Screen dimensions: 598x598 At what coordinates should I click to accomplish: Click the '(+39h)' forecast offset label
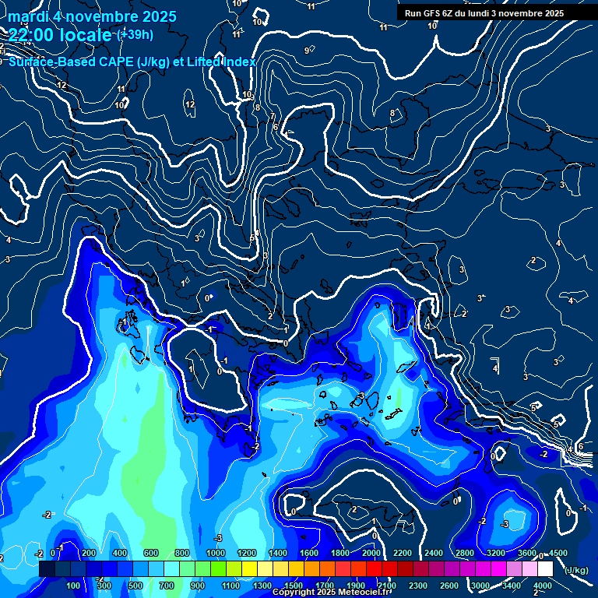click(x=134, y=35)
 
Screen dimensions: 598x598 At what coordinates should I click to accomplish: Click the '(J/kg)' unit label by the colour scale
click(x=575, y=570)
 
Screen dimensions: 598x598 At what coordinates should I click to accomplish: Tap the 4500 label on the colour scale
click(x=558, y=553)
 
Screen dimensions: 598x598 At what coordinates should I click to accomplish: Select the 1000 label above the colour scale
click(x=215, y=553)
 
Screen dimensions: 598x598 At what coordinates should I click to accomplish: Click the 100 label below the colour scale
click(x=73, y=586)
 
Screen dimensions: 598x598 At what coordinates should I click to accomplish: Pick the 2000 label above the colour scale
click(x=371, y=553)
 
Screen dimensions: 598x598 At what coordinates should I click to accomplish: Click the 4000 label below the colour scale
click(x=543, y=586)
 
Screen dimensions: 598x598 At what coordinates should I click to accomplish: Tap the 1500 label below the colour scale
click(x=293, y=586)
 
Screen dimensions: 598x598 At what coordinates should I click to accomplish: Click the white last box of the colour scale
click(x=545, y=569)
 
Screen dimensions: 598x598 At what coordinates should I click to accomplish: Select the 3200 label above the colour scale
click(x=495, y=553)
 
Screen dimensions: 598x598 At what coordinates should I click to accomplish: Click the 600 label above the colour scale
click(x=151, y=553)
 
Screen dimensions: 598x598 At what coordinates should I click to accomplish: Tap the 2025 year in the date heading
click(x=156, y=16)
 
